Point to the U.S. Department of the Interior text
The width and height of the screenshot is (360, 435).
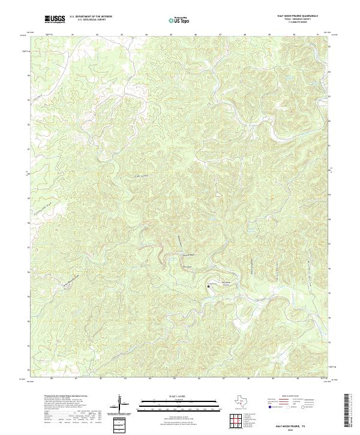click(x=90, y=17)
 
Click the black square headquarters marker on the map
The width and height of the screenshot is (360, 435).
click(x=209, y=287)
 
